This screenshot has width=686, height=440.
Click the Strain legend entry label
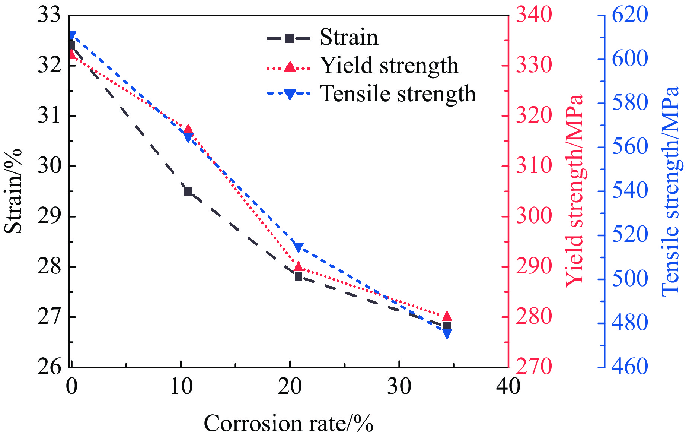pos(349,37)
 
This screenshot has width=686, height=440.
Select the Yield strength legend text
pos(389,66)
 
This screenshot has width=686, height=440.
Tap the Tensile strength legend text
pos(398,94)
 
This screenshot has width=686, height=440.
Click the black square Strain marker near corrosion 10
pos(188,191)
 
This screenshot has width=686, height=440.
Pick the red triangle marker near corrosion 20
pos(298,266)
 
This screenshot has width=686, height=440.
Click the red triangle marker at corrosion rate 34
pos(447,316)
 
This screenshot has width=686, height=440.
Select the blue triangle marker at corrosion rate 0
pos(72,36)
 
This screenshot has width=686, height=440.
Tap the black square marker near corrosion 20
pos(298,277)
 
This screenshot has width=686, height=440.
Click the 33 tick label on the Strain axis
pos(49,16)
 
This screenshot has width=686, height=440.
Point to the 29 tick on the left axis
pos(49,216)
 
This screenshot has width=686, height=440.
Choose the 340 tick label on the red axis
pos(533,16)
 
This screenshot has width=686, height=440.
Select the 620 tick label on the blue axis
pos(630,16)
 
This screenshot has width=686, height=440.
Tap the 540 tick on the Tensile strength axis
pos(630,191)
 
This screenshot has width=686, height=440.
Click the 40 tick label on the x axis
pos(508,386)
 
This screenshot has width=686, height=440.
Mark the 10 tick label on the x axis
pos(181,386)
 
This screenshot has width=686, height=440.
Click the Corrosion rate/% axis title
pos(288,424)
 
